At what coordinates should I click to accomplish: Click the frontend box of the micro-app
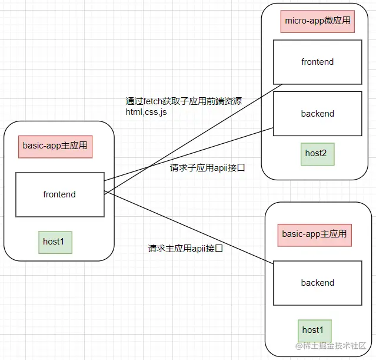pyautogui.click(x=317, y=62)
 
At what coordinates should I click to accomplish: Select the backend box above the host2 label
pyautogui.click(x=317, y=114)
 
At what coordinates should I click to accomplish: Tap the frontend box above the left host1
pyautogui.click(x=59, y=194)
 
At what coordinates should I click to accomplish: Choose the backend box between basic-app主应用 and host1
pyautogui.click(x=317, y=283)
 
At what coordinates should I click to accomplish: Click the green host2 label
pyautogui.click(x=315, y=154)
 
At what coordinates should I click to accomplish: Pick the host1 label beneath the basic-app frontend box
pyautogui.click(x=55, y=242)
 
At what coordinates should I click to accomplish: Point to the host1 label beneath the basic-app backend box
pyautogui.click(x=314, y=330)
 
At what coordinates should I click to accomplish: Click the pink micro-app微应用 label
pyautogui.click(x=317, y=21)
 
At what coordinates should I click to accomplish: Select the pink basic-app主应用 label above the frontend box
pyautogui.click(x=55, y=146)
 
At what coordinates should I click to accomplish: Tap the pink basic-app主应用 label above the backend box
pyautogui.click(x=314, y=234)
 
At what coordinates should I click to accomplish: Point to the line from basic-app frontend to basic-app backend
pyautogui.click(x=188, y=228)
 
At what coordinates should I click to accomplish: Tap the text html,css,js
pyautogui.click(x=146, y=112)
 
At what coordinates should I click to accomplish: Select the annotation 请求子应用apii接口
pyautogui.click(x=207, y=168)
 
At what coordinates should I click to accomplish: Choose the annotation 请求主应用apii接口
pyautogui.click(x=185, y=249)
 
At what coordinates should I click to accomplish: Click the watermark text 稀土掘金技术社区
pyautogui.click(x=335, y=346)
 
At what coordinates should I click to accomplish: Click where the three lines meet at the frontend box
pyautogui.click(x=105, y=192)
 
